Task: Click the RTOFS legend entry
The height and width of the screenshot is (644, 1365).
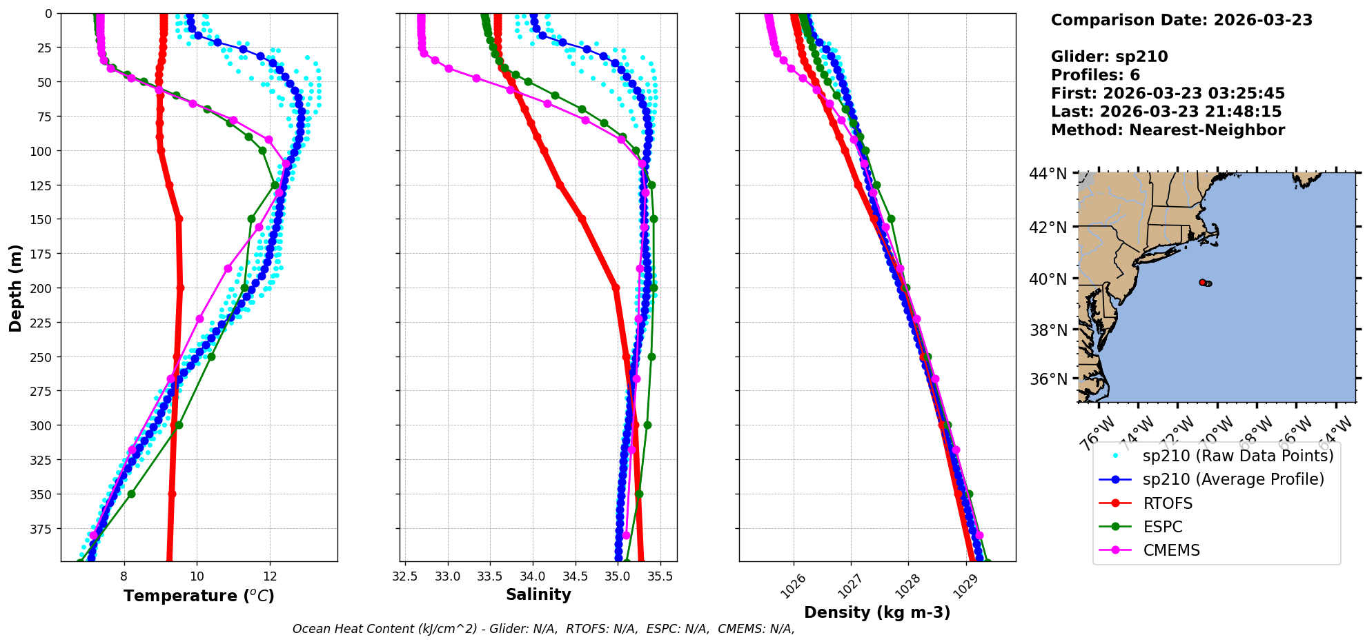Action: [x=1168, y=503]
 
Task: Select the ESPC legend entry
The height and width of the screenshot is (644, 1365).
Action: [x=1162, y=527]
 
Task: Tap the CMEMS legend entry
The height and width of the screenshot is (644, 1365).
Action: [x=1171, y=550]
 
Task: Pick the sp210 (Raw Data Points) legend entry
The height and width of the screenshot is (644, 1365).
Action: [x=1238, y=456]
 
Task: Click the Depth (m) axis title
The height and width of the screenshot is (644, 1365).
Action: [x=15, y=288]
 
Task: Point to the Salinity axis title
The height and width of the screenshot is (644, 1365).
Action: [x=538, y=594]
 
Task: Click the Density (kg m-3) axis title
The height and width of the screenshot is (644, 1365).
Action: [x=877, y=612]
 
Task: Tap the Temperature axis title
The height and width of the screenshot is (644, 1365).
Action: [x=199, y=596]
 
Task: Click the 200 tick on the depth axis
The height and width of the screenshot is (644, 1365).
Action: [x=42, y=288]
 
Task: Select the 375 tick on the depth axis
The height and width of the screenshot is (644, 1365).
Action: [x=42, y=529]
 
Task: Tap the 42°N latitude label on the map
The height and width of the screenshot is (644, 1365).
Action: [x=1048, y=227]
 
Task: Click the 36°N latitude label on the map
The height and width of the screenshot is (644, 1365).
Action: [x=1048, y=379]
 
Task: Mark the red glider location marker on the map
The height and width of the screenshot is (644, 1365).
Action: [x=1203, y=282]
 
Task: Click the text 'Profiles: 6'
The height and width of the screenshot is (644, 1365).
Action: [x=1095, y=75]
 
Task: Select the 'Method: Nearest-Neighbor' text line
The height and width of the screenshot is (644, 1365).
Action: [x=1168, y=130]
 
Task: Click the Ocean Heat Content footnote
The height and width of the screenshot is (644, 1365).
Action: [x=543, y=629]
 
